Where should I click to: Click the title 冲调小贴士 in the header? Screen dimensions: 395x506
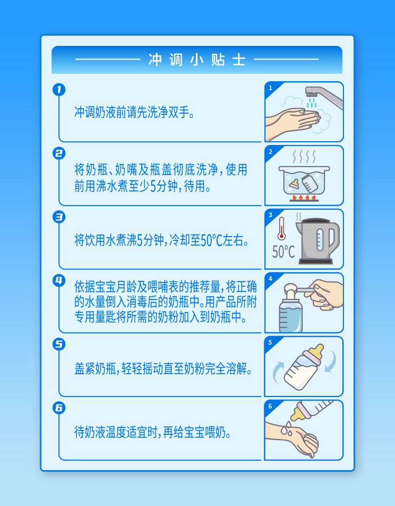click(x=197, y=60)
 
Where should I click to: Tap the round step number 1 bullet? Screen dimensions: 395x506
click(x=59, y=90)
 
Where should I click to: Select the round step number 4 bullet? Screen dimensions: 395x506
click(x=59, y=280)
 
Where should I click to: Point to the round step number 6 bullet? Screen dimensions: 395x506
click(x=59, y=407)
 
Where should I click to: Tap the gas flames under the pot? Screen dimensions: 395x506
click(x=304, y=197)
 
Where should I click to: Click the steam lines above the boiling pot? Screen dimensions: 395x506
click(x=304, y=157)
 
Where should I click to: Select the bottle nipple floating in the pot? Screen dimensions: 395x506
click(x=294, y=184)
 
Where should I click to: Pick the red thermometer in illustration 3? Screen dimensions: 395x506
click(x=281, y=228)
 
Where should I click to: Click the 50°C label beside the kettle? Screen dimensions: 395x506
click(x=283, y=252)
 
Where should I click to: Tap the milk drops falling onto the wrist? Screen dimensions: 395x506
click(x=287, y=428)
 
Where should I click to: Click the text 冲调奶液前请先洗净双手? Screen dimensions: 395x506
click(x=134, y=112)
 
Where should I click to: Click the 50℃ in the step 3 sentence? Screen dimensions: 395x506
click(x=212, y=240)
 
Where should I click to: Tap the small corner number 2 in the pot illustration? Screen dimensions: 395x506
click(x=270, y=152)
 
